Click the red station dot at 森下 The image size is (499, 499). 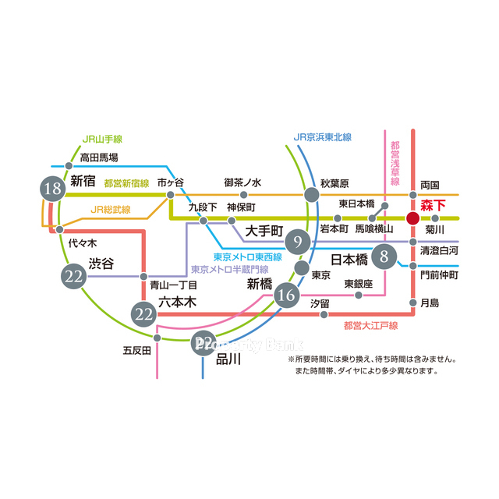(x=413, y=218)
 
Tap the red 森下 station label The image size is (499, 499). (x=432, y=207)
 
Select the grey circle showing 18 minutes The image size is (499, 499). (x=53, y=188)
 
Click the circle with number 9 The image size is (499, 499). (x=297, y=242)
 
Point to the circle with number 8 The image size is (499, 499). (x=384, y=255)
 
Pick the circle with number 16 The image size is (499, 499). (x=287, y=294)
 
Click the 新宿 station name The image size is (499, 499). (x=83, y=181)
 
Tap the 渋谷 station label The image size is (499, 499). (x=101, y=264)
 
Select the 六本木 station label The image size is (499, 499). (x=176, y=302)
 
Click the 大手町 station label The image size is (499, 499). (x=263, y=232)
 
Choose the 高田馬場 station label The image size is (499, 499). (x=99, y=157)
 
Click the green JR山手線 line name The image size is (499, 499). (x=102, y=140)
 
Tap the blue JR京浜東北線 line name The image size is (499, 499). (x=323, y=137)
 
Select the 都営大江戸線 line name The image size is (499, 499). (x=370, y=325)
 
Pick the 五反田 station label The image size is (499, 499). (x=136, y=350)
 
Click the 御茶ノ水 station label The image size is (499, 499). (x=242, y=182)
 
